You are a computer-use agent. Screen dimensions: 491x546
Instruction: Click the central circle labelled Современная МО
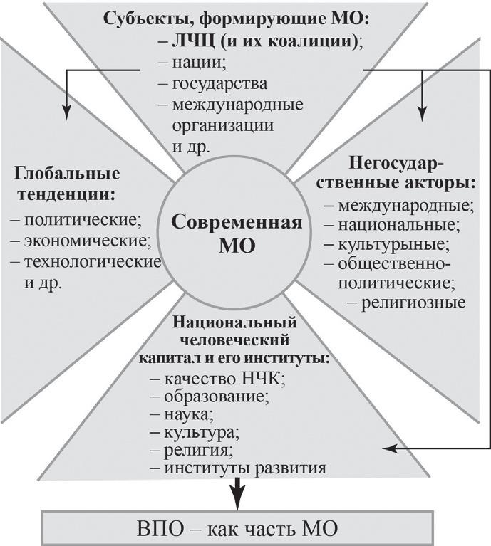coord(237,232)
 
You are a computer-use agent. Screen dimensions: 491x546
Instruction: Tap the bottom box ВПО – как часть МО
coord(237,528)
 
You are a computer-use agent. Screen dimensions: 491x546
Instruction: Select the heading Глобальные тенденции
coord(67,184)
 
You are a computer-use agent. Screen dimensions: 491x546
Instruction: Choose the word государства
coord(220,84)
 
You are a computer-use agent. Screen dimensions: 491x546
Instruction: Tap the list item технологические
coord(93,262)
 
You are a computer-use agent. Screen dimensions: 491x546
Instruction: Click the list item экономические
coord(87,241)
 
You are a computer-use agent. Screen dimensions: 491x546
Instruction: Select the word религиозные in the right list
coord(413,303)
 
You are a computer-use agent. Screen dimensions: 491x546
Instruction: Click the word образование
coord(216,397)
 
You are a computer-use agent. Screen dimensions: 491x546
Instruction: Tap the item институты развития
coord(245,468)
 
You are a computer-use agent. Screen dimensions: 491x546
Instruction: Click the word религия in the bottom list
coord(197,450)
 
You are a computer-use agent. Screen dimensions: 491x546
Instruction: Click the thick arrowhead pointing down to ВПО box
coord(237,499)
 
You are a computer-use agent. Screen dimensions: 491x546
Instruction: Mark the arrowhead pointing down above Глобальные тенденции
coord(66,112)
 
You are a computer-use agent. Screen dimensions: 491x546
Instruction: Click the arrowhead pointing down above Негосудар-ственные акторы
coord(422,113)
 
